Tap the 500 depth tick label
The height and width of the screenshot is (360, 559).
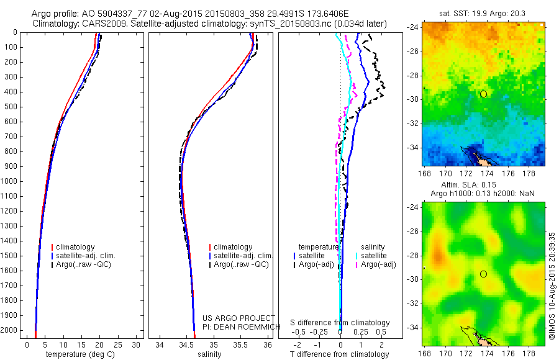pyautogui.click(x=11, y=107)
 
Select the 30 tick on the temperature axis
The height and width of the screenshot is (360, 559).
pyautogui.click(x=137, y=344)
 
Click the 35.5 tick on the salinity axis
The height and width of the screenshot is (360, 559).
pyautogui.click(x=241, y=344)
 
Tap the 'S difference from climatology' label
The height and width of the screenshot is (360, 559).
pyautogui.click(x=340, y=323)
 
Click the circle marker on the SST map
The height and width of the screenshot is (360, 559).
pyautogui.click(x=483, y=94)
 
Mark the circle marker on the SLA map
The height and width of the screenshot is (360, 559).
pyautogui.click(x=483, y=274)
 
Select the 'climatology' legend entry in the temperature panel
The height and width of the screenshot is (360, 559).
pyautogui.click(x=75, y=247)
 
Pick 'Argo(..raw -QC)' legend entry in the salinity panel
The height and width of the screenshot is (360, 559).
pyautogui.click(x=241, y=264)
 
